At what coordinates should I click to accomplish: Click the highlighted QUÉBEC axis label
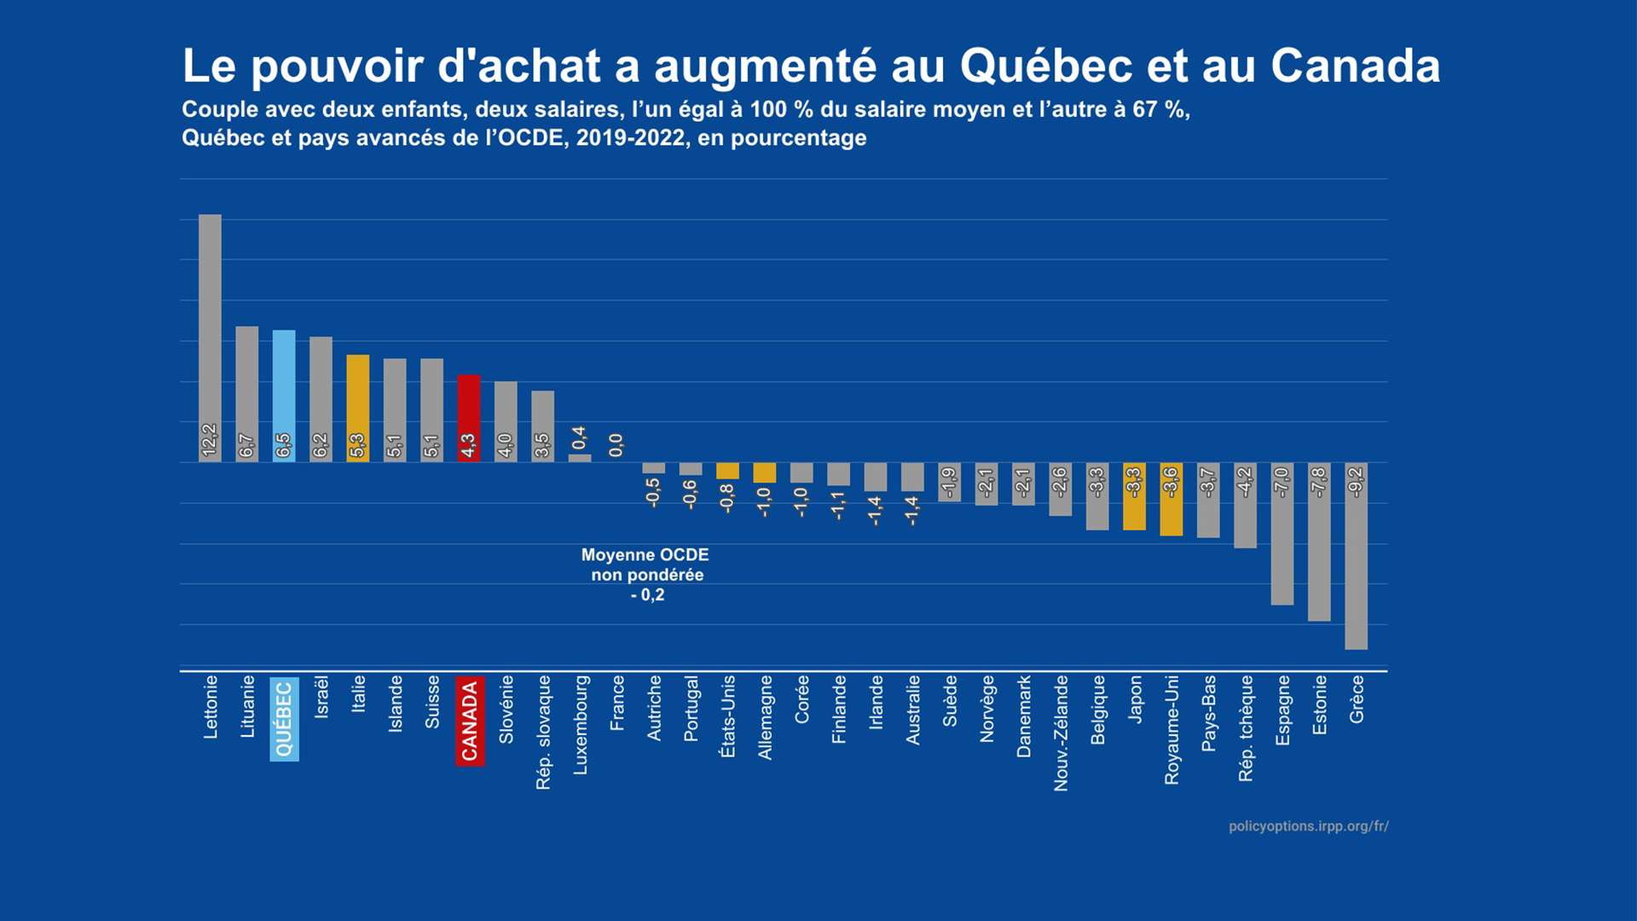284,719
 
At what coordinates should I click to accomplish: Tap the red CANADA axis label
470,721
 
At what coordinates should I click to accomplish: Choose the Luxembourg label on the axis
581,725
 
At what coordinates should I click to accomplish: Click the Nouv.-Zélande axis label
1061,733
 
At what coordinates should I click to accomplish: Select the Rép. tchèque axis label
1246,728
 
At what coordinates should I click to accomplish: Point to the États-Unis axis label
728,716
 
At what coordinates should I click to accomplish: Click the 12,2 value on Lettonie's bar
210,440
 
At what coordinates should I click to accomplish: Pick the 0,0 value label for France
616,445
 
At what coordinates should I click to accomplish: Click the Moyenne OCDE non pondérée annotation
646,575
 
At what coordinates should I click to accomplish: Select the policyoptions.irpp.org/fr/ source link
1308,826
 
